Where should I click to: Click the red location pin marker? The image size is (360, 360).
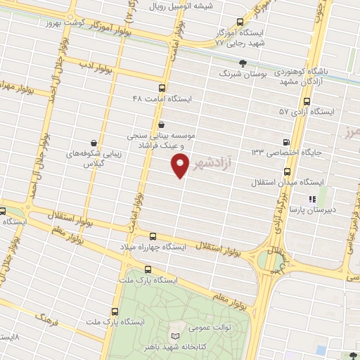(x=180, y=165)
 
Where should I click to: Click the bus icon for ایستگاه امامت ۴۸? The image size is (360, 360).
(x=163, y=89)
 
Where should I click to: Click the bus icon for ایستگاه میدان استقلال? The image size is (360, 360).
(x=287, y=172)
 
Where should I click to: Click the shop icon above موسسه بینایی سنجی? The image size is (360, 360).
(x=162, y=123)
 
